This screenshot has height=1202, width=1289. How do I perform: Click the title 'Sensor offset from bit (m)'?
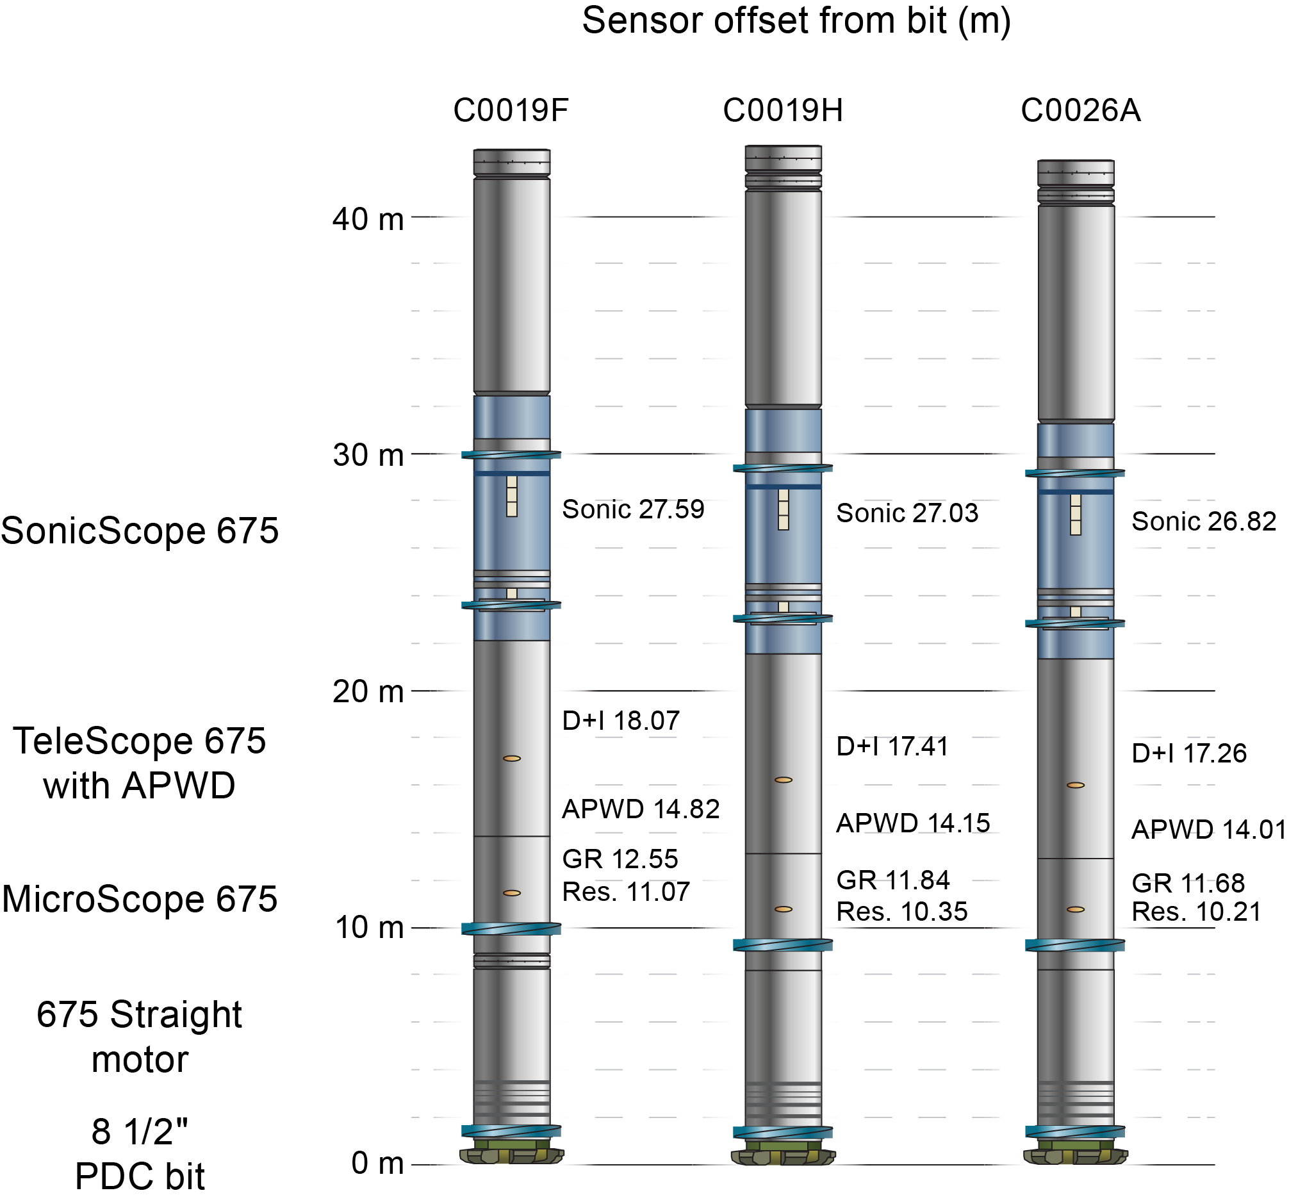(796, 21)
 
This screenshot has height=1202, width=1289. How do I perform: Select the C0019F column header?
(511, 110)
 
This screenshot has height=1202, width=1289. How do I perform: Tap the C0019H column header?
(783, 110)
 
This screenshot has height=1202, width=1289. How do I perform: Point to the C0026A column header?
(1080, 110)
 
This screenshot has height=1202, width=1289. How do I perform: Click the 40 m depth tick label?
(368, 219)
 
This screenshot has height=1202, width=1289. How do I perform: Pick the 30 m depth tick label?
(368, 455)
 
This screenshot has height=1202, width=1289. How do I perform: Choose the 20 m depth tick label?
(368, 692)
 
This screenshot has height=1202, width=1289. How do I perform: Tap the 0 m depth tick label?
(378, 1164)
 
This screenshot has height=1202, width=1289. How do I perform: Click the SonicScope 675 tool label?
(140, 531)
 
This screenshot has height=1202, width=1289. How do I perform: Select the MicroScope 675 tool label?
(140, 899)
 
